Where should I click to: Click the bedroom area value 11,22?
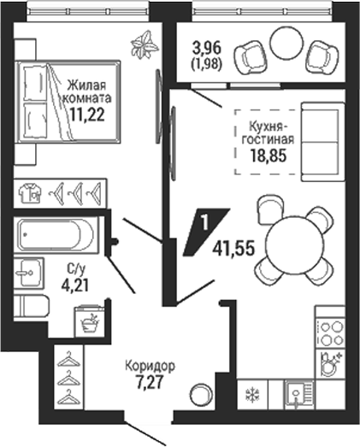point(86,115)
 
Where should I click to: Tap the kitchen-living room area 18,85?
point(268,156)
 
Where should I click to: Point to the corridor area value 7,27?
point(150,383)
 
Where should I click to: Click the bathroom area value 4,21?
point(75,285)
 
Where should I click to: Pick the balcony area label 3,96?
point(207,48)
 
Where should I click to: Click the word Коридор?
point(150,367)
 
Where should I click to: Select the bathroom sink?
point(29,273)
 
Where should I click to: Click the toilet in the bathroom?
point(31,306)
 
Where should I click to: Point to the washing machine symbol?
point(90,321)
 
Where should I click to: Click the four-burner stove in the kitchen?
point(331,332)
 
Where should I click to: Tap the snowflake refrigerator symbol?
point(253,395)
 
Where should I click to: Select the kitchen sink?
point(298,395)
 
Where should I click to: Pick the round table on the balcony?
point(286,44)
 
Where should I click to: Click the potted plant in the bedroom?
point(145,44)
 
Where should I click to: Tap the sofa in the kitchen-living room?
point(323,142)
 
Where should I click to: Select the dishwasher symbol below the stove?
point(331,364)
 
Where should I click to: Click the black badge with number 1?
point(206,232)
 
